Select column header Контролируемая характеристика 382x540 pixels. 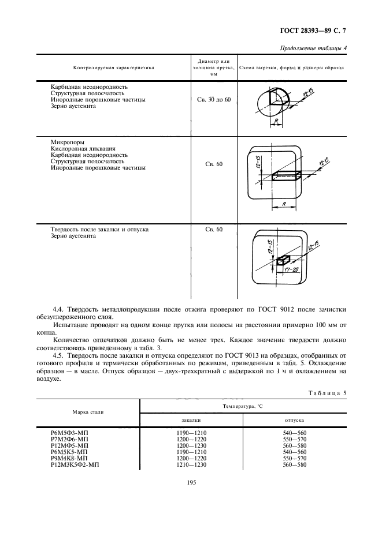114,67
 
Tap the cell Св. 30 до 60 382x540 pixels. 213,100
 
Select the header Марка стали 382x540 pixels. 88,412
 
